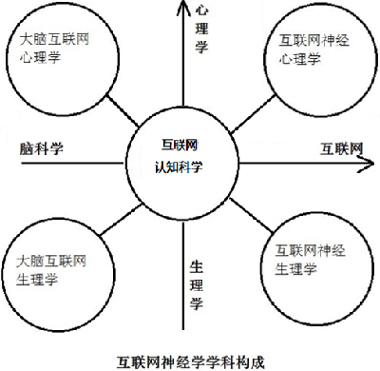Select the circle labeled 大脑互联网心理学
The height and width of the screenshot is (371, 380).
59,54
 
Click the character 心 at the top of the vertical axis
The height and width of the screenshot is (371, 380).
200,10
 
